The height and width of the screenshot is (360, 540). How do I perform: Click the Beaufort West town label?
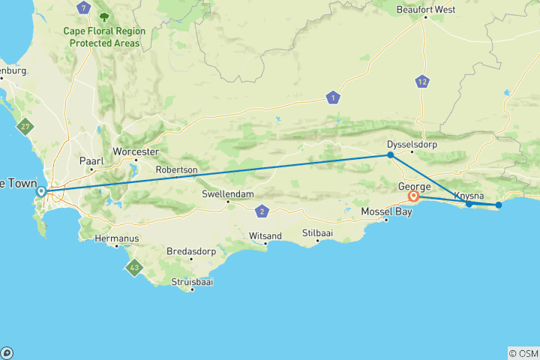pos(426,10)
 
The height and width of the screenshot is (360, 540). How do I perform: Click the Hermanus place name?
pos(118,238)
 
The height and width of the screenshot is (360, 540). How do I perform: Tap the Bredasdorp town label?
pos(190,250)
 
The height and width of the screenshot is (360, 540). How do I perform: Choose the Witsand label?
pos(265,236)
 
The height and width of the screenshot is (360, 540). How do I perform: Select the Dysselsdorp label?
pos(411,144)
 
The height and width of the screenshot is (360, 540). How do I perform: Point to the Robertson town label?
pos(177,170)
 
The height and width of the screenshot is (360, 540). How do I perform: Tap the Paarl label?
pos(91,160)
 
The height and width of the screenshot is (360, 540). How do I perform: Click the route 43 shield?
pos(133,267)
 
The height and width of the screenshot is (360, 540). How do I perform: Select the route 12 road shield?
pos(424,82)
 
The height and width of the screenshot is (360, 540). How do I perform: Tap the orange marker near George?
pos(413,196)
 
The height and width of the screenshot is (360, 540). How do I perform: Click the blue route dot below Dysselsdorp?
pos(391,155)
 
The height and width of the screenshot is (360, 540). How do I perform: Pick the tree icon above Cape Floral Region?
pos(103,15)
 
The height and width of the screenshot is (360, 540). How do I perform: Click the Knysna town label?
pos(469,195)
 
